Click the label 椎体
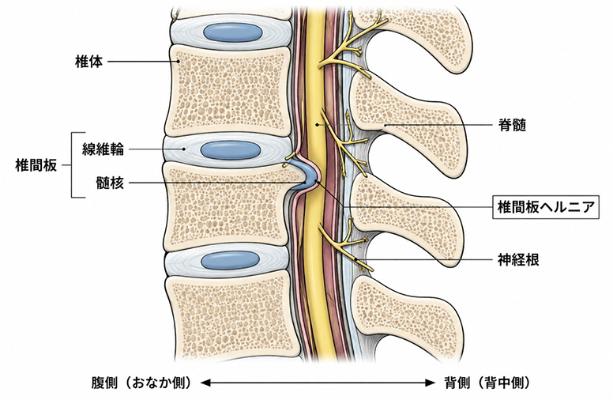coord(88,62)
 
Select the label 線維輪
coord(103,149)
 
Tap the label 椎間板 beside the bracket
coord(36,165)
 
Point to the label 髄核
coord(110,183)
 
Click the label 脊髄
coord(512,125)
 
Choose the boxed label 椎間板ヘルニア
coord(546,206)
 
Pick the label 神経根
coord(518,260)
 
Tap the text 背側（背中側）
coord(487,383)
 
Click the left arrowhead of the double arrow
coord(205,383)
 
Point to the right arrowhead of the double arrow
coord(431,383)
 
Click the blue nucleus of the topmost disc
coord(233,32)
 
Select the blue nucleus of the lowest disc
coord(231,260)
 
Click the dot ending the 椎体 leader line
coord(179,62)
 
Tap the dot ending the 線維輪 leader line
coord(184,149)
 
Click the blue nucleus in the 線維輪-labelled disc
coord(231,149)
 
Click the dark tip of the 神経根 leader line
coord(356,260)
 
